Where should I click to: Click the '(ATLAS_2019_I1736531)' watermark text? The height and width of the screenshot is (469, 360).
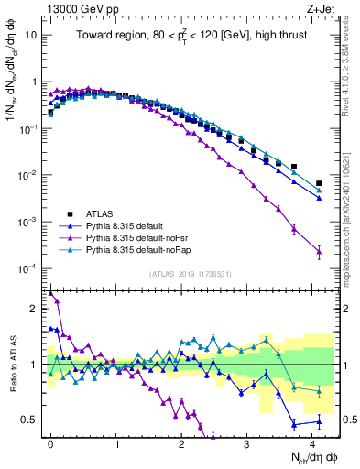click(189, 274)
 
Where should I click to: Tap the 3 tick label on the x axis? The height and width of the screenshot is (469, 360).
click(247, 443)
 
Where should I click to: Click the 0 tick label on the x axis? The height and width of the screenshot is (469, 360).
click(50, 443)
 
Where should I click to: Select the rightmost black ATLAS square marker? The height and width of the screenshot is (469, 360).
click(319, 183)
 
